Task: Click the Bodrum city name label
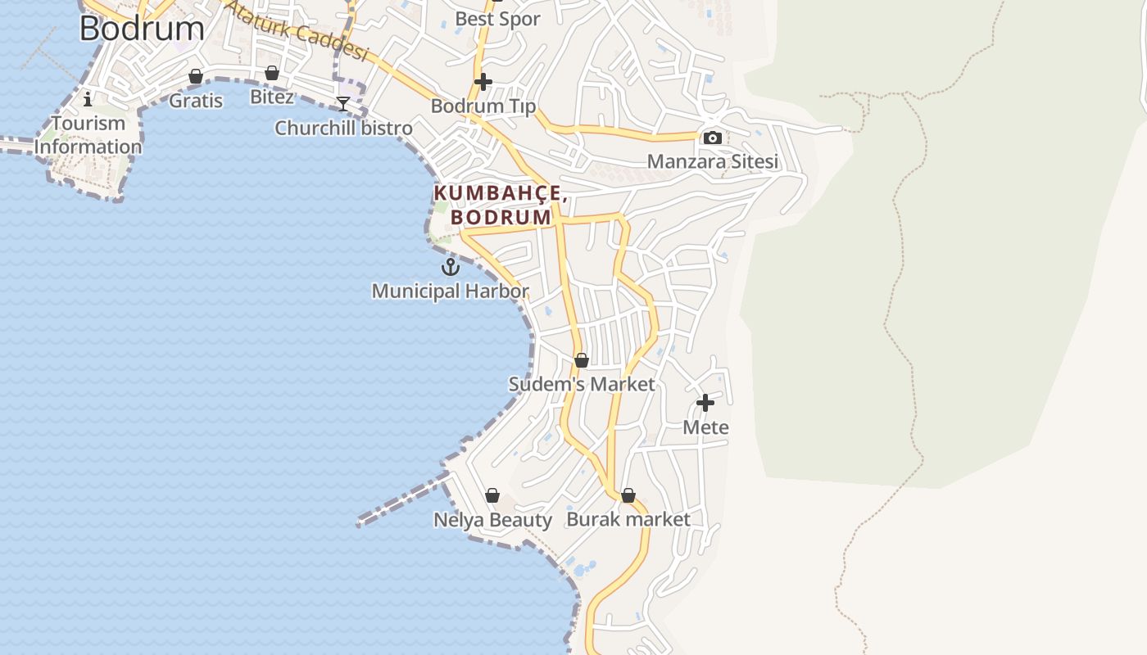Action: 142,28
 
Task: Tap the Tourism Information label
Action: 88,135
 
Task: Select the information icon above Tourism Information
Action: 88,99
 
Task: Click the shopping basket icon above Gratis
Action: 196,76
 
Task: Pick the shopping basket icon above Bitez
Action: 272,73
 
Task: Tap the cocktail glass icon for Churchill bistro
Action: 343,103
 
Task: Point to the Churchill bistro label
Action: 343,129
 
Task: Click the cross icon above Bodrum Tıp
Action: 483,82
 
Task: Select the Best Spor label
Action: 497,19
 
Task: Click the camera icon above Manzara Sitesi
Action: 713,138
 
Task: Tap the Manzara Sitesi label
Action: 713,161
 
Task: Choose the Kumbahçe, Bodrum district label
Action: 501,205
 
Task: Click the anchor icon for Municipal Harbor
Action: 451,267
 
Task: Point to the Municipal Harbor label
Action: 450,291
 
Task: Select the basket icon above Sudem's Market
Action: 582,360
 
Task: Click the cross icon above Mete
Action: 705,403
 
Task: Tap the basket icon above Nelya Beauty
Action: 492,495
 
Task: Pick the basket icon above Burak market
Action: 628,495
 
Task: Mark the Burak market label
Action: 628,519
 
